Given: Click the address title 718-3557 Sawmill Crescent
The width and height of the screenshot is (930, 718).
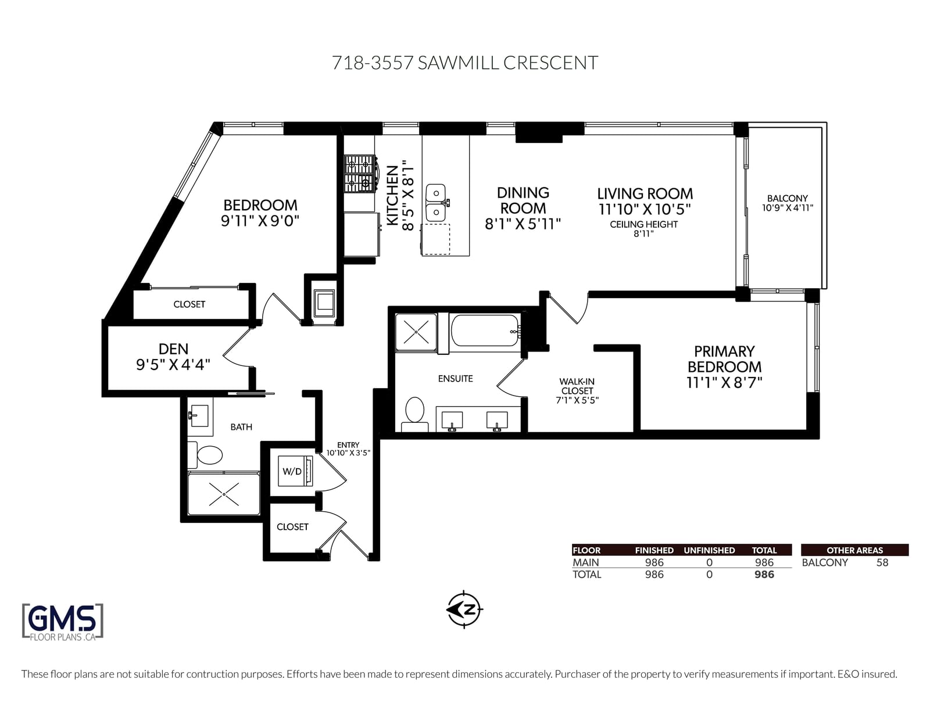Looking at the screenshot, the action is click(x=465, y=63).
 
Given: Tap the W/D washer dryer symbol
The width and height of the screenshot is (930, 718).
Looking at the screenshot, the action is click(x=295, y=471).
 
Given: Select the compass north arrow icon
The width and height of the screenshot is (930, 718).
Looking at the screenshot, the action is click(x=464, y=609).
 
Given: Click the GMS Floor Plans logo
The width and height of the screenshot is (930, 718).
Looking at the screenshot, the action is click(x=63, y=622).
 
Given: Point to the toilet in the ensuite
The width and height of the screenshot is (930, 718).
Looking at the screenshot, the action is click(x=414, y=415).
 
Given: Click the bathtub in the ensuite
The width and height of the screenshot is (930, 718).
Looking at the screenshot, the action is click(x=485, y=331).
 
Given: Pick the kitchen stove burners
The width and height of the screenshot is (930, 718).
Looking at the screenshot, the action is click(x=360, y=173).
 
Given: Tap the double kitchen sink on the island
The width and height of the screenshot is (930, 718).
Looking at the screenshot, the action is click(x=436, y=203).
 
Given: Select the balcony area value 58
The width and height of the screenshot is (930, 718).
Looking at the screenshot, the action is click(x=882, y=562).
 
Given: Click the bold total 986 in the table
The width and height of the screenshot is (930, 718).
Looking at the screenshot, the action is click(x=764, y=575).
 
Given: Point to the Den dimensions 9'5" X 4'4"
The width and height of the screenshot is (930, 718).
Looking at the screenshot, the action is click(x=173, y=365).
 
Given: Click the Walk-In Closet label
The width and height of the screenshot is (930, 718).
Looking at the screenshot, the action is click(x=577, y=386).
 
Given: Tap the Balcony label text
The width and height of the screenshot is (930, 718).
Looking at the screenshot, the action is click(x=787, y=199).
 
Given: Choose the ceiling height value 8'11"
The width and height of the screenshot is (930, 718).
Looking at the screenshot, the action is click(x=643, y=234).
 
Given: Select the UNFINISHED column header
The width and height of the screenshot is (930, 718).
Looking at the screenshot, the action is click(x=709, y=550).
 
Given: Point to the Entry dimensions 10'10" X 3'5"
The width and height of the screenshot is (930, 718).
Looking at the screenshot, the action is click(x=348, y=453).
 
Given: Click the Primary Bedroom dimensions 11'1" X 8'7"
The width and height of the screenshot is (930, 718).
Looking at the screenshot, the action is click(x=724, y=382).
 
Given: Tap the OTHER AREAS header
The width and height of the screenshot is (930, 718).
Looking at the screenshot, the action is click(x=854, y=550).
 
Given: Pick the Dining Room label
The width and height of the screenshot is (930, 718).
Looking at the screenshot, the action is click(x=523, y=200).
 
